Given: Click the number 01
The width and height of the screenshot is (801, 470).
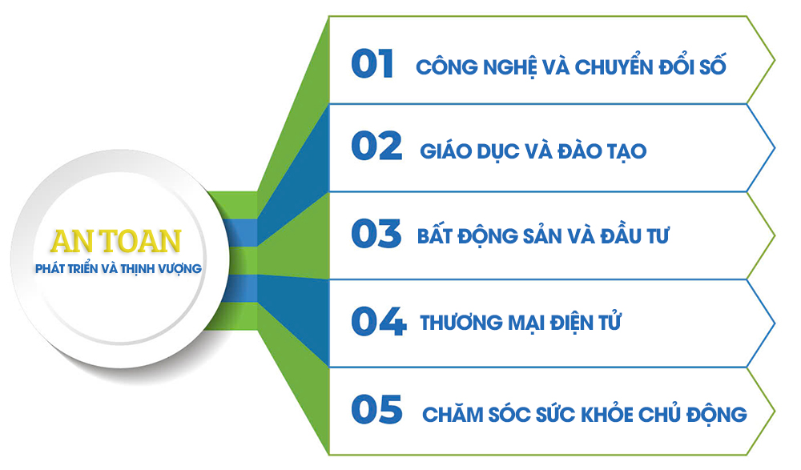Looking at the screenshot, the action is tap(372, 64).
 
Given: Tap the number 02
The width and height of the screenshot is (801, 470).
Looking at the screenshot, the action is tap(376, 146).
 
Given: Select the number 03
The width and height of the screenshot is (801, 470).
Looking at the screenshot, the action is tap(376, 234).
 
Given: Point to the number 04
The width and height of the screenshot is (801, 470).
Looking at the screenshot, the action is tap(379, 321).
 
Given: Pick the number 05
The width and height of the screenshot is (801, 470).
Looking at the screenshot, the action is tap(377, 409).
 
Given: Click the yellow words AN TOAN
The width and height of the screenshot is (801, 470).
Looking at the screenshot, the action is tap(116, 242).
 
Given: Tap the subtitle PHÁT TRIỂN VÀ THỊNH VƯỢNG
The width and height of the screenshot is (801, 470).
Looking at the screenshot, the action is tap(119, 269).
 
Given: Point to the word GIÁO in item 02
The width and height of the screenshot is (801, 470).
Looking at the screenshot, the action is tap(445, 151).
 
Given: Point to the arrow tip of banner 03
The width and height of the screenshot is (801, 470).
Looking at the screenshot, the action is tap(775, 236).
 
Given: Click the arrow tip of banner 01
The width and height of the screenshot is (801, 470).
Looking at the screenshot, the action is tap(775, 61).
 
